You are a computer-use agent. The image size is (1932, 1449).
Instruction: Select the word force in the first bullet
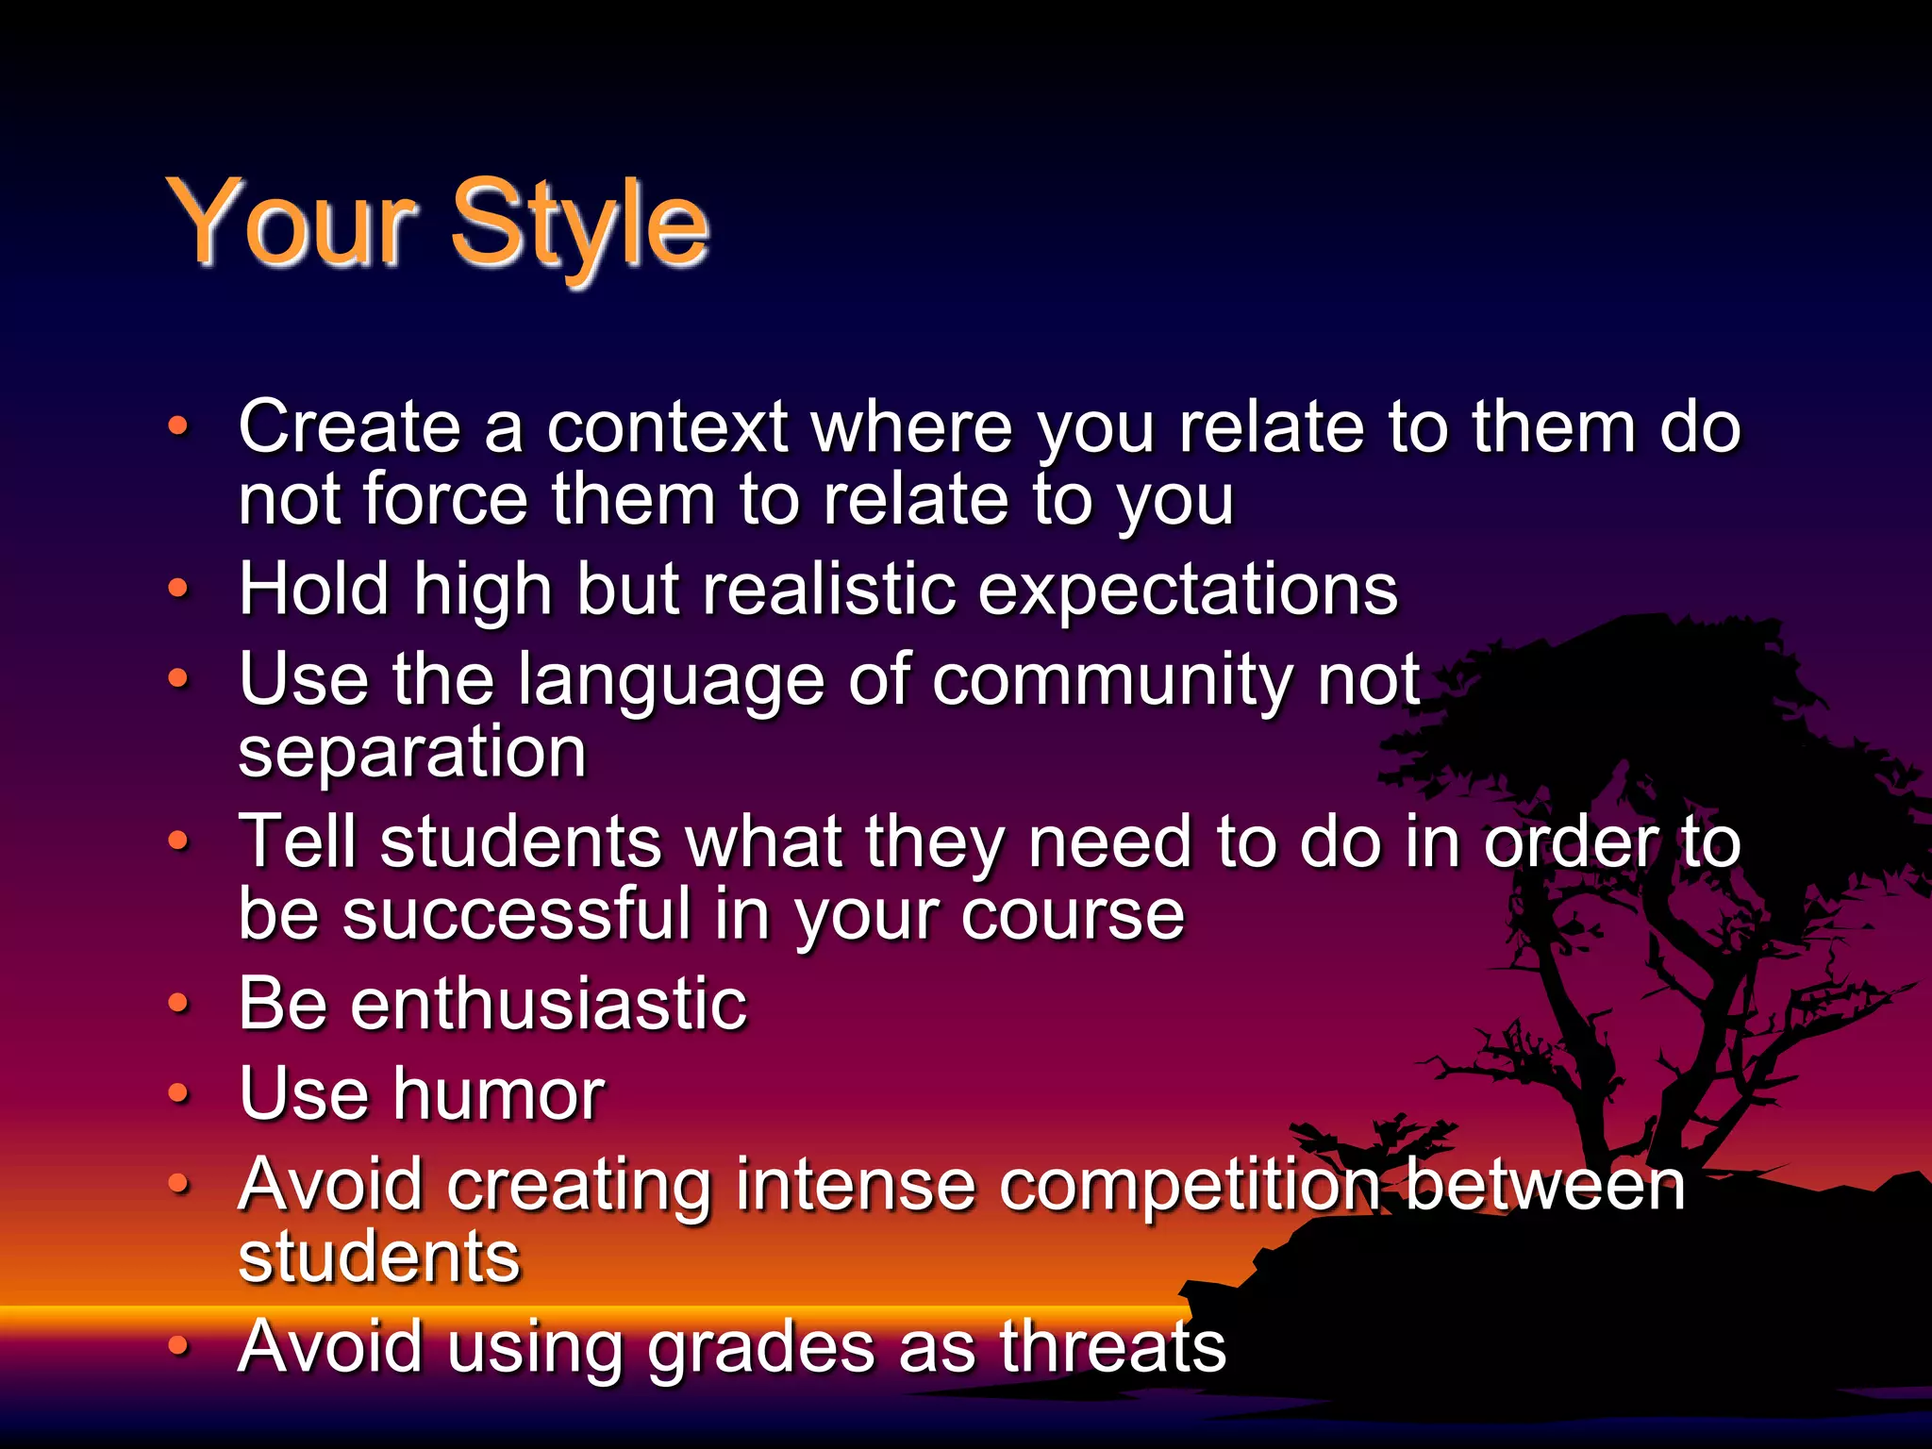coord(445,500)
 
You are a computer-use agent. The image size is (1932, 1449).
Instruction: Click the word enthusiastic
coord(548,1003)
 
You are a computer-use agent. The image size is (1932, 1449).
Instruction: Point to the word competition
coord(1190,1186)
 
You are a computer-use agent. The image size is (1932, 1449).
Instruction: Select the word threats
coord(1112,1346)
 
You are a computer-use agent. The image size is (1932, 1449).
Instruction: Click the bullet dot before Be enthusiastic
coord(178,1004)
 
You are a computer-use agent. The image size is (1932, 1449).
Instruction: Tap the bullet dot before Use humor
coord(178,1093)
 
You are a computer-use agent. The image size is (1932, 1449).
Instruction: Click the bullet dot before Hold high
coord(178,590)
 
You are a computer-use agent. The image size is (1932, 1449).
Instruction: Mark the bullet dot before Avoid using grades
coord(178,1346)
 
